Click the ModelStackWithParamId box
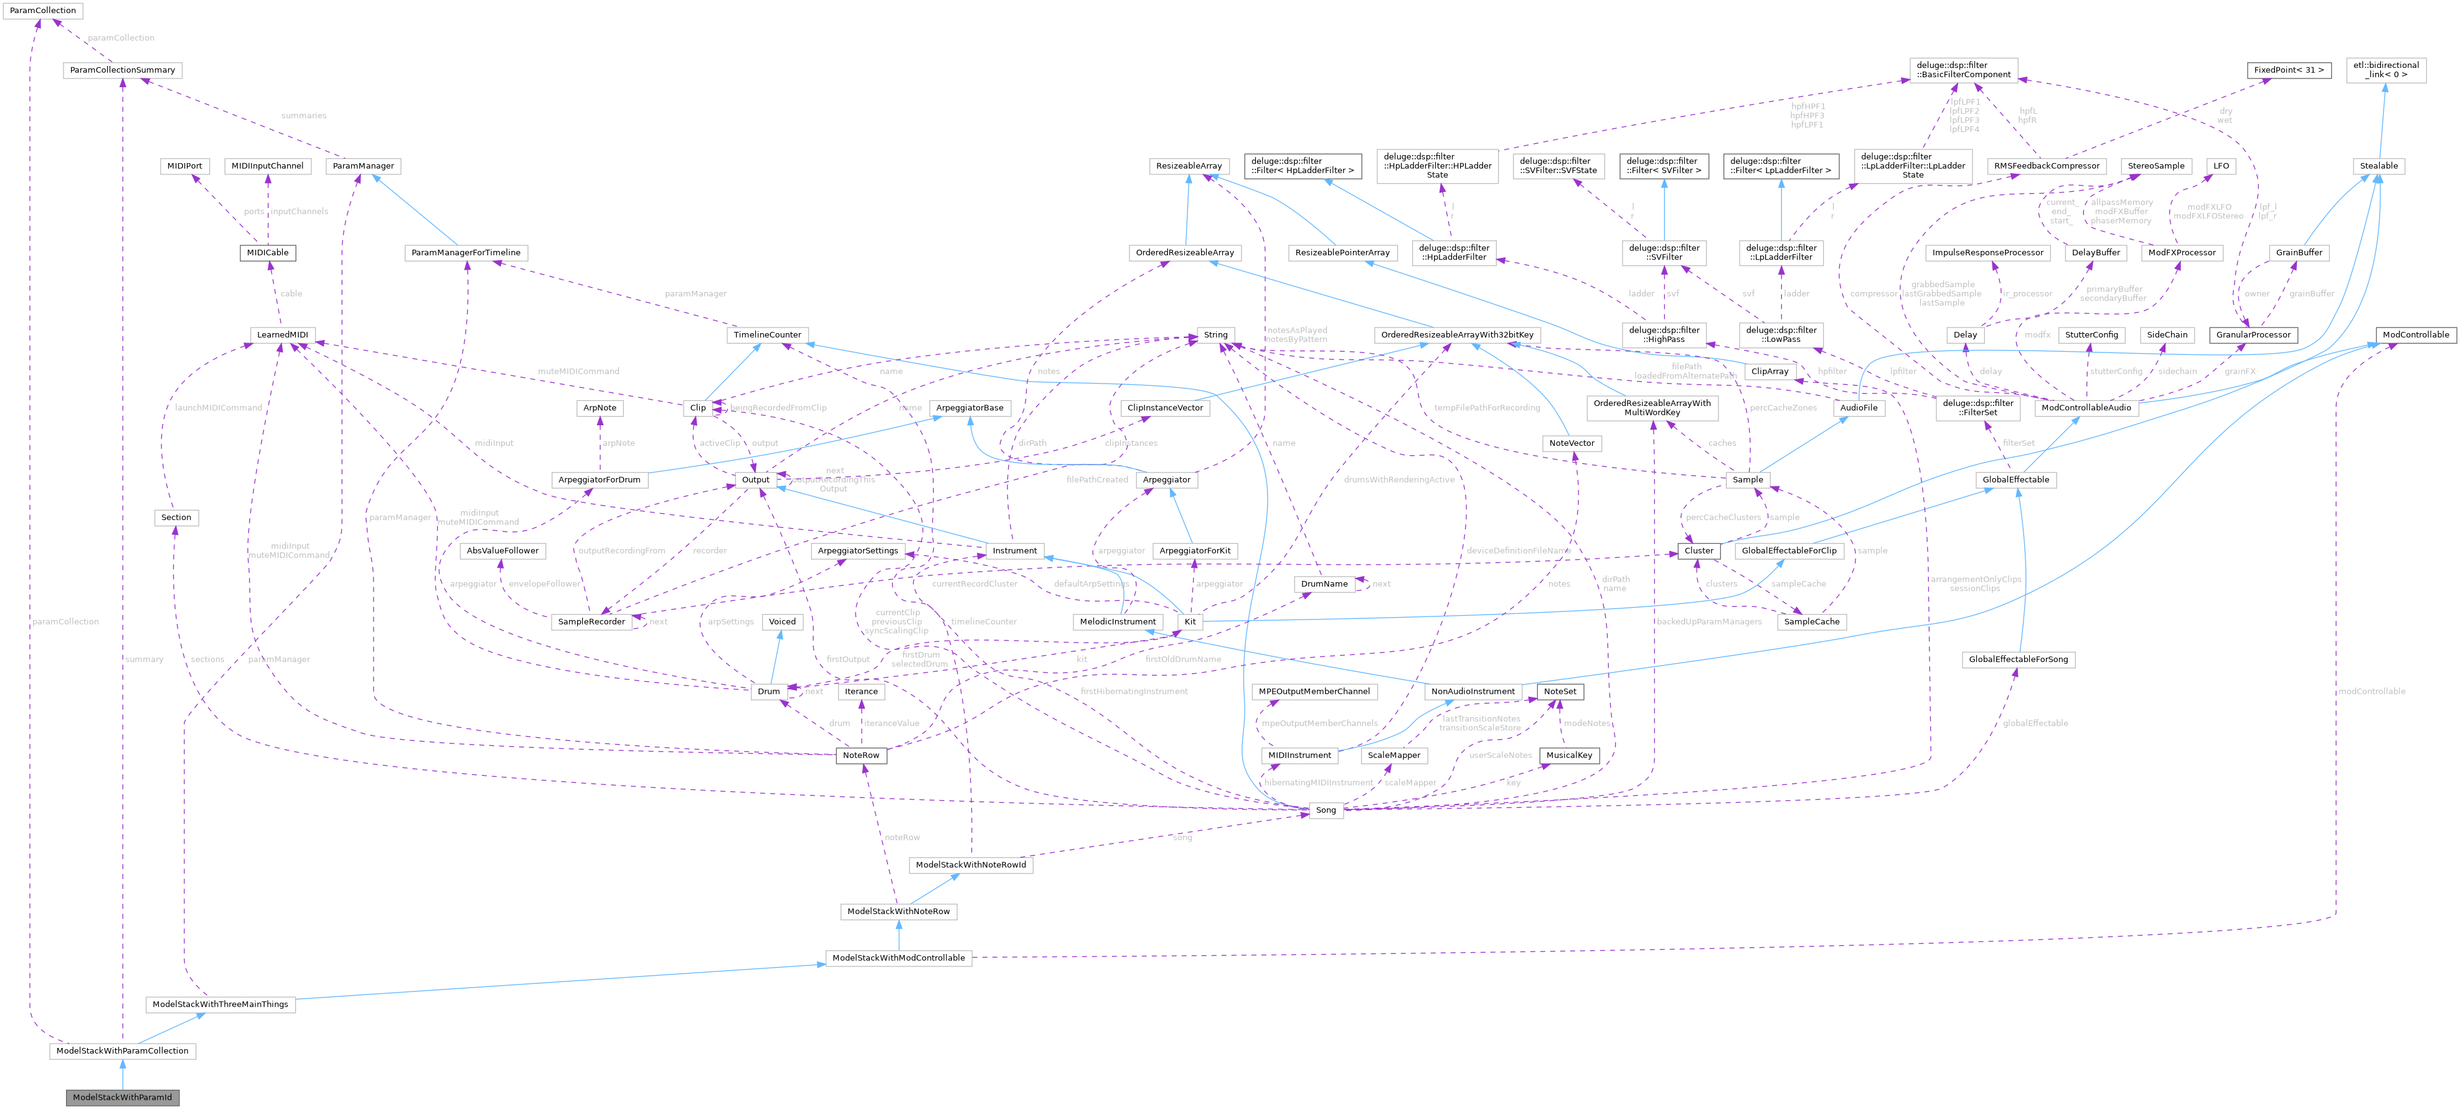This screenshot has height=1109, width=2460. coord(122,1097)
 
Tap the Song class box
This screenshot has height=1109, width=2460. coord(1326,810)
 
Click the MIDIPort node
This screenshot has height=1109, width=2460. coord(184,166)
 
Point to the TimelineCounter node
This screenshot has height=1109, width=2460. coord(767,335)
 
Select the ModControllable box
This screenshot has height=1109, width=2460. coord(2415,335)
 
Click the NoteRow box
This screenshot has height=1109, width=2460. coord(860,755)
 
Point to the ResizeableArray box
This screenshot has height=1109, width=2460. coord(1188,166)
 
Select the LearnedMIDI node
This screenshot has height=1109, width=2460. coord(283,335)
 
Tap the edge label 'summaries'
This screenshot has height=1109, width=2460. coord(304,116)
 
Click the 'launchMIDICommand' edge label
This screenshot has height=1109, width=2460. coord(219,408)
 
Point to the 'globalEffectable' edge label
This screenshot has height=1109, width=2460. coord(2035,723)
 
